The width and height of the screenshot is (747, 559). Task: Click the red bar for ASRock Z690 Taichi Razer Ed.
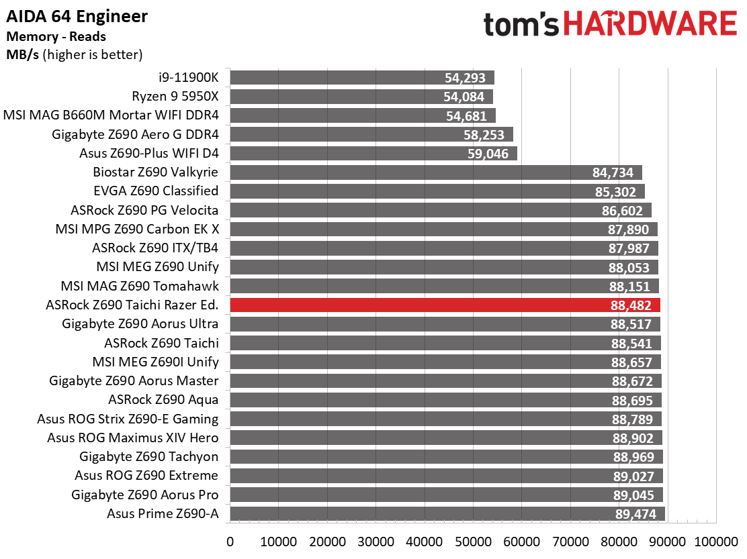point(445,305)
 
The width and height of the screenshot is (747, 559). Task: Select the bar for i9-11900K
point(362,78)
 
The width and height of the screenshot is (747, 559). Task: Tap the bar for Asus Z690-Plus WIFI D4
point(373,153)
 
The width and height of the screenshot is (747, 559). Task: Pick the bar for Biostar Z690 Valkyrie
point(436,172)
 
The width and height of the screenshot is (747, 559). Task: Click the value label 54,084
point(464,97)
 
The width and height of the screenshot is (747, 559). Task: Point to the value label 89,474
point(635,514)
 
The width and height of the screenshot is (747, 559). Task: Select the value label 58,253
point(484,135)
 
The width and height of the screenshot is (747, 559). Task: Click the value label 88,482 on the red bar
point(631,305)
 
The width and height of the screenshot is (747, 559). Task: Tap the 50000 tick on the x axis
point(473,542)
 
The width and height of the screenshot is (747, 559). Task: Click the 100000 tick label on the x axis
point(716,542)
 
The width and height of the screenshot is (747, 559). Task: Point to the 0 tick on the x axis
point(230,542)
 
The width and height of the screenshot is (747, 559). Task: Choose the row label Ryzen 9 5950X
point(175,97)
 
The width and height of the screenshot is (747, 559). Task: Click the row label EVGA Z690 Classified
point(157,191)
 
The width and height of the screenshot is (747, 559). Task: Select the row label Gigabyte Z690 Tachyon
point(148,457)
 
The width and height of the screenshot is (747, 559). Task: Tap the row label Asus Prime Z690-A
point(163,514)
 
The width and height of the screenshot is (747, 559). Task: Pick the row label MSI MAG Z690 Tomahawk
point(140,286)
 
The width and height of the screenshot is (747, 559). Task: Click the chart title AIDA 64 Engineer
point(77,17)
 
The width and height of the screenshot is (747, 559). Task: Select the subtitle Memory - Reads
point(56,37)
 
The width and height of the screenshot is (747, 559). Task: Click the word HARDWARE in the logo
point(650,23)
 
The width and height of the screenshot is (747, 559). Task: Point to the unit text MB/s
point(22,55)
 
